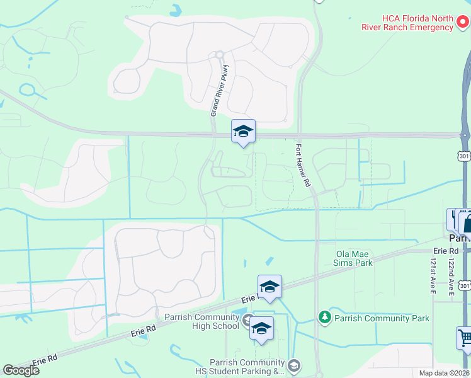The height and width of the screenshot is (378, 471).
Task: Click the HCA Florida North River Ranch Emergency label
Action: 407,23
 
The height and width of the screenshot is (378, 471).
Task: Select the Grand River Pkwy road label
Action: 222,89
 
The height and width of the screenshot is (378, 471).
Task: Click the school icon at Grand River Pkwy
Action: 243,131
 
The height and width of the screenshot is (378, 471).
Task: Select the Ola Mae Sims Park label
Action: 355,258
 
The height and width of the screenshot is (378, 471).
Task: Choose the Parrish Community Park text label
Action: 382,318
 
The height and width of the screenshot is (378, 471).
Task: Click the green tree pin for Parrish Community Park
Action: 324,317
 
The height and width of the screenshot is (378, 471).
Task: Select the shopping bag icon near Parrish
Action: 467,222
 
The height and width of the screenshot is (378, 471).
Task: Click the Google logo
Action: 21,370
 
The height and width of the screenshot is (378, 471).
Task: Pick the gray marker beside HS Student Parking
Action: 294,365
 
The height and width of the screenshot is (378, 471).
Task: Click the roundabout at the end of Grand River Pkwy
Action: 219,55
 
